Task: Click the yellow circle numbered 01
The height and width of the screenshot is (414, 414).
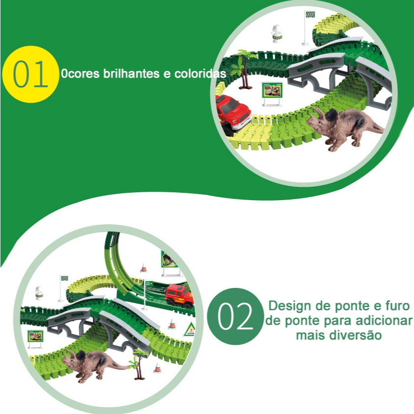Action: coord(30,74)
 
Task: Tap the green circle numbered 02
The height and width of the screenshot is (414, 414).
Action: coord(235,316)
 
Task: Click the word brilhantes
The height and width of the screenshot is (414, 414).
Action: coord(131,74)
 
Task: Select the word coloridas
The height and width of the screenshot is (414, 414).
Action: coord(200,74)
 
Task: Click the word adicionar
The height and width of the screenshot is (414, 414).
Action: coord(384,320)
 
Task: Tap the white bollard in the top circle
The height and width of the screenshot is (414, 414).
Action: coord(277,33)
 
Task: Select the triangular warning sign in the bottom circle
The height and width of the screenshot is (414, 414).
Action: coord(190,330)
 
